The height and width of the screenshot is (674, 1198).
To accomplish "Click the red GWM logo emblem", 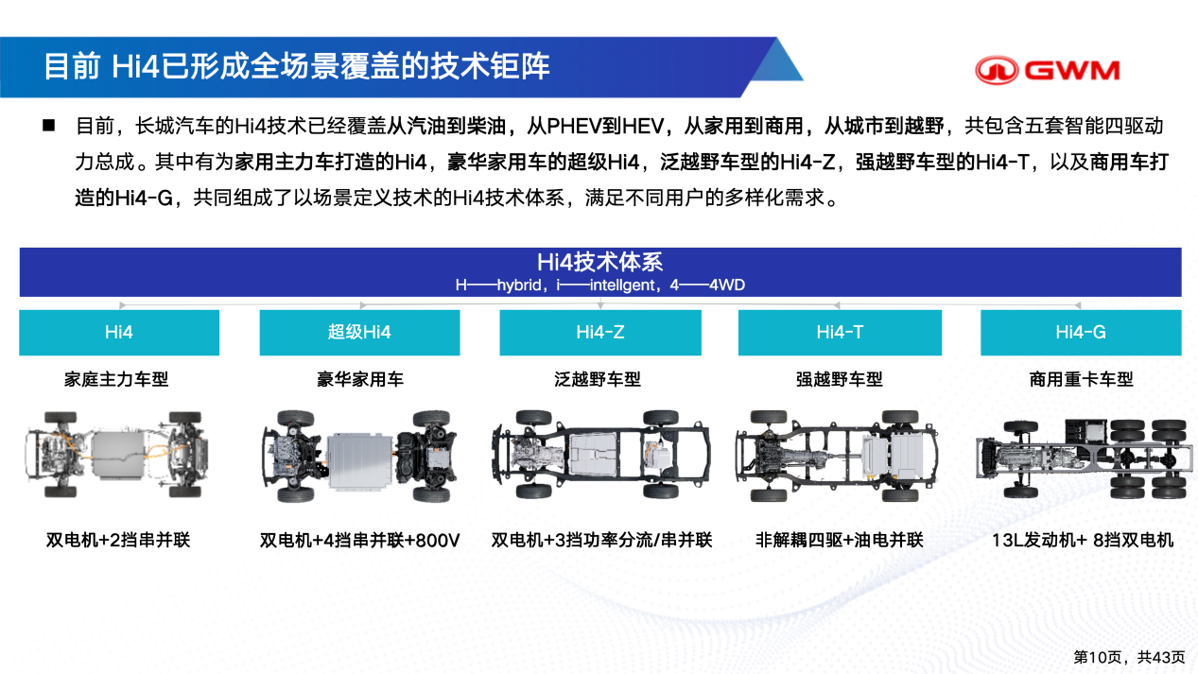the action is tap(997, 70).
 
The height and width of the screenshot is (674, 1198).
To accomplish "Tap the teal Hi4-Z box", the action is tap(600, 333).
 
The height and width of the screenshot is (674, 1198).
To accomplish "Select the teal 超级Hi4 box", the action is tap(359, 333).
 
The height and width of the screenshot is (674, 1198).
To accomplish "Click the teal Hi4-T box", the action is tap(840, 333).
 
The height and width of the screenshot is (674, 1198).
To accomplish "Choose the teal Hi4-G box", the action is tap(1081, 333).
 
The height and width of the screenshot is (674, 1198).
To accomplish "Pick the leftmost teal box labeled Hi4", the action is tap(119, 333).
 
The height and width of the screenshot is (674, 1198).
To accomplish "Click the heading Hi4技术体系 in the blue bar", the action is tap(600, 262).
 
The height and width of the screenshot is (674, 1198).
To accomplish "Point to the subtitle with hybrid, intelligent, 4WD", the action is tap(600, 285).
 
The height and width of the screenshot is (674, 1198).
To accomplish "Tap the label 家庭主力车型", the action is tap(116, 379).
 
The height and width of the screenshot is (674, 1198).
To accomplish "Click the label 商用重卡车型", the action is tap(1081, 379).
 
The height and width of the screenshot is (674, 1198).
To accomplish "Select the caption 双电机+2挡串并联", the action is tap(118, 540).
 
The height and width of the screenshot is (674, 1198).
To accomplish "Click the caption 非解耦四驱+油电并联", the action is tap(839, 540).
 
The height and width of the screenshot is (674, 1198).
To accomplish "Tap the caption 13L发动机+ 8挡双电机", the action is tap(1083, 540).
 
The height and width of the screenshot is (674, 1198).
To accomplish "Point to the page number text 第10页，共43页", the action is tap(1129, 657).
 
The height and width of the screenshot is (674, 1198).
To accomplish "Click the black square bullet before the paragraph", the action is tap(48, 126).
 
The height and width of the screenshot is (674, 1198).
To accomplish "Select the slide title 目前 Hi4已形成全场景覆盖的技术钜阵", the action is tap(297, 66).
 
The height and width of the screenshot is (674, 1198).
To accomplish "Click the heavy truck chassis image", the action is tap(1085, 458).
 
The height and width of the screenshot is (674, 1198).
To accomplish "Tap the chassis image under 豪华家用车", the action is tap(359, 456).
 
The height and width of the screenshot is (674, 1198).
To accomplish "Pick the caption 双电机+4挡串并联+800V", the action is tap(359, 540).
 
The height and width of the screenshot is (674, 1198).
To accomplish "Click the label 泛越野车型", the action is tap(598, 379).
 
